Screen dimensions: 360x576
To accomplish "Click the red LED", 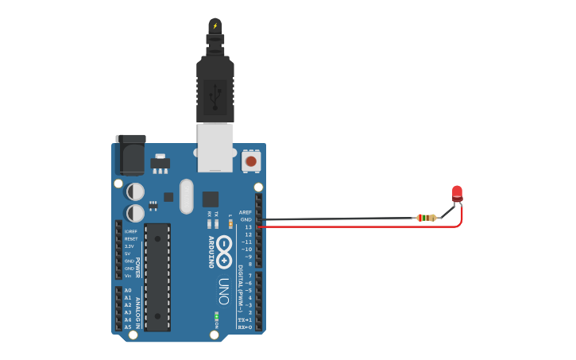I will click(457, 193).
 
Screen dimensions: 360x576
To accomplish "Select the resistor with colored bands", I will click(427, 218).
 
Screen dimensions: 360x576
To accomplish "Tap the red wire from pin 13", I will click(358, 227).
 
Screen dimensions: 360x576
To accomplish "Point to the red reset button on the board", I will click(251, 161).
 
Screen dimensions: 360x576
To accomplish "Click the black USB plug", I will click(215, 87).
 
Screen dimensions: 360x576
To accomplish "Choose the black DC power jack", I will click(130, 155).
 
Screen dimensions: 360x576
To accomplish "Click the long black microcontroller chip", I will click(157, 277).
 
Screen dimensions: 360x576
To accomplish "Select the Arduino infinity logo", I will click(225, 251).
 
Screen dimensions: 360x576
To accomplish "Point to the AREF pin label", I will click(246, 213).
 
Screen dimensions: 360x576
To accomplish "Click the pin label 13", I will click(248, 227).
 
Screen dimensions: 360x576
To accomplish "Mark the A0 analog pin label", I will click(128, 291).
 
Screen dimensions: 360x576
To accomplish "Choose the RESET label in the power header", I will click(131, 238).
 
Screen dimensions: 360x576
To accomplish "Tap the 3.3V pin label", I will click(130, 246).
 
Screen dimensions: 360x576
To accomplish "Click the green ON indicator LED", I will click(215, 316).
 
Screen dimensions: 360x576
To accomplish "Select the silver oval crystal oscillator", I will click(187, 196).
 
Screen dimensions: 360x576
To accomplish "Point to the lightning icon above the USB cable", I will click(215, 25).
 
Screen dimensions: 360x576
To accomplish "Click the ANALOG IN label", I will click(138, 312).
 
